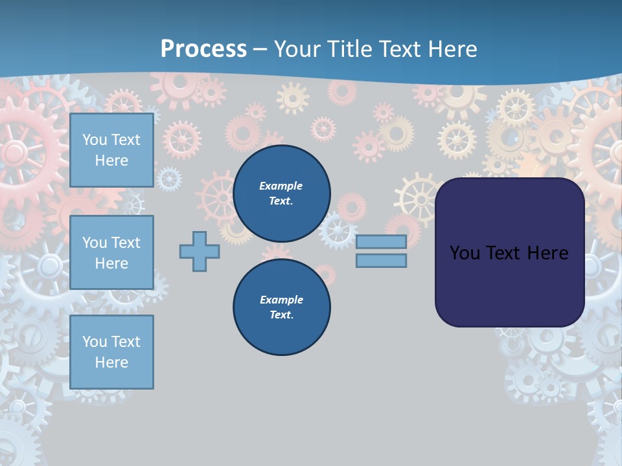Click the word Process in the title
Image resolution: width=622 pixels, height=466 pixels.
203,49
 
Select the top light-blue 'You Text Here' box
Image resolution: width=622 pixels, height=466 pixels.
111,150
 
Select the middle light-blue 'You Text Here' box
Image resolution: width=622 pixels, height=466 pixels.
111,252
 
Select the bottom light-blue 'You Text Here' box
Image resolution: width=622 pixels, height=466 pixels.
111,352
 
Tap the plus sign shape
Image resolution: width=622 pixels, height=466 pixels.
200,251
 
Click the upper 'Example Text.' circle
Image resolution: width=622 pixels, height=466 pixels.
281,194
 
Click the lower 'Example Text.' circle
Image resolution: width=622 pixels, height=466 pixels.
281,307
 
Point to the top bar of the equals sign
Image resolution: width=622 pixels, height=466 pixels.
381,241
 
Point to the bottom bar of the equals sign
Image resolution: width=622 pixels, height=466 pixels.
381,261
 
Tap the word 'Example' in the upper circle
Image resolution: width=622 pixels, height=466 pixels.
281,186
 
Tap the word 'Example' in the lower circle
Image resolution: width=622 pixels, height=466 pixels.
281,300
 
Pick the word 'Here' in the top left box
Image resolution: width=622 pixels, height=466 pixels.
111,161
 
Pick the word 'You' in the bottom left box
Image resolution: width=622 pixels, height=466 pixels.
94,342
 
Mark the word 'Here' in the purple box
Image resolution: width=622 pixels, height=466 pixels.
548,253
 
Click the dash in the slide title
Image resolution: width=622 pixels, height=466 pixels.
260,49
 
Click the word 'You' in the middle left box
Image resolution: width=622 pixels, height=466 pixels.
94,243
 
